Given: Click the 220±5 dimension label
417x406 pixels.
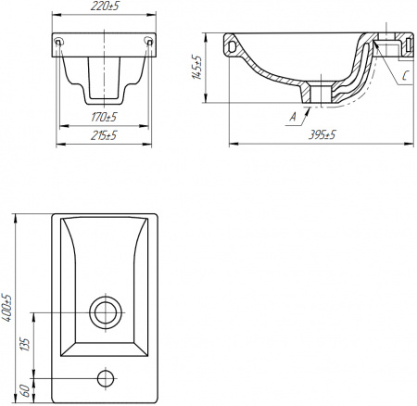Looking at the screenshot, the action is click(105, 6).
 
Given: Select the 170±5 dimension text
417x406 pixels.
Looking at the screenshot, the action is click(104, 117).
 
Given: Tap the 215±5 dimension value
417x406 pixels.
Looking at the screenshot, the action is click(104, 135).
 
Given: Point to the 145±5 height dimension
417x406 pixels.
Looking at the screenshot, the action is click(196, 67).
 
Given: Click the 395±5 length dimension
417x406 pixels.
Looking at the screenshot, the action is click(322, 135).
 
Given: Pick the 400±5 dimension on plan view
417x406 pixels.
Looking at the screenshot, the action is click(7, 308).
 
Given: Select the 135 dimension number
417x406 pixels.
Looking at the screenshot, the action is click(26, 345).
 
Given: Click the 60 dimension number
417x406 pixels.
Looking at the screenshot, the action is click(26, 391).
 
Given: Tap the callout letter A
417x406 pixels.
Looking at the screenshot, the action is click(293, 117).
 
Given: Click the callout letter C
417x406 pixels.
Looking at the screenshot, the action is click(406, 76).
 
